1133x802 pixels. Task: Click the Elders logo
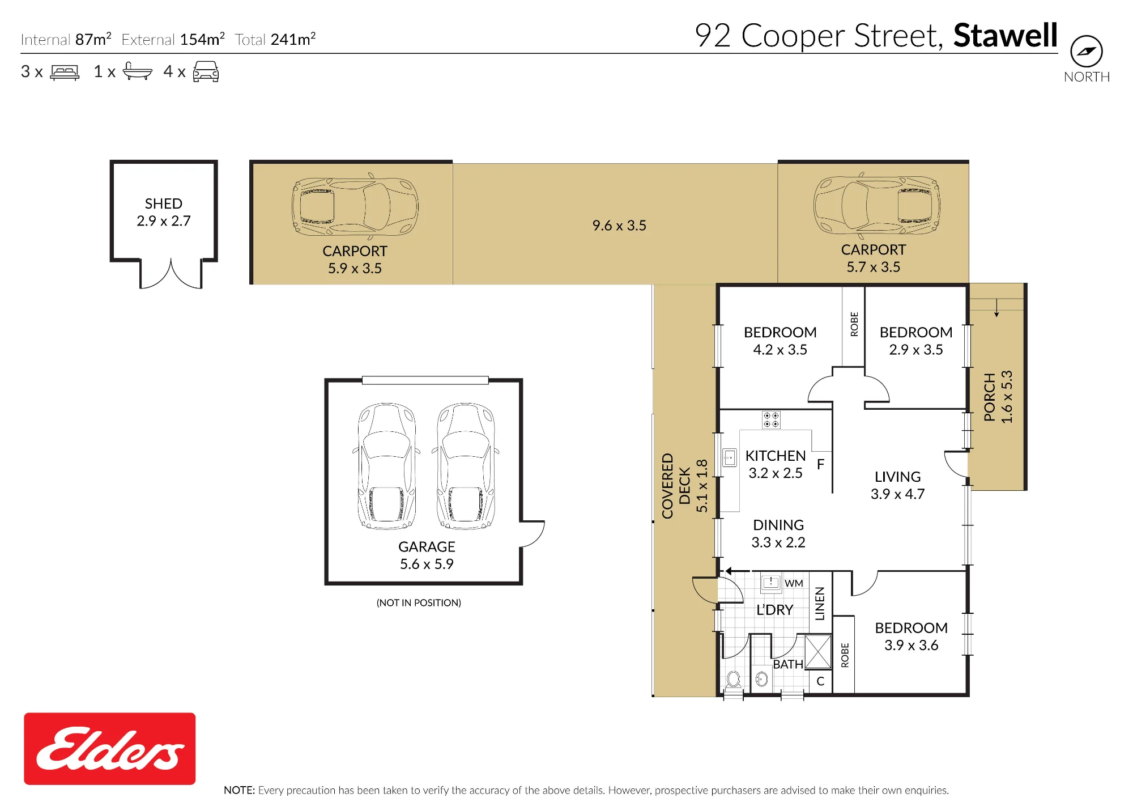click(x=109, y=749)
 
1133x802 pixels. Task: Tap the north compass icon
click(x=1086, y=52)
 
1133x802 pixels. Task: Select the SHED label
click(x=164, y=203)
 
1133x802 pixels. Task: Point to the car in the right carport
click(x=876, y=205)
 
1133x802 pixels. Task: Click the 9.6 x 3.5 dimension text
click(x=619, y=226)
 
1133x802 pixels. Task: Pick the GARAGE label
click(x=427, y=547)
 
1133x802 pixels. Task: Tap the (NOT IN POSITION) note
click(x=419, y=602)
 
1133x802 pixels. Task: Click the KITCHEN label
click(x=775, y=456)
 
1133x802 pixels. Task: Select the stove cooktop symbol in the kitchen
click(x=771, y=419)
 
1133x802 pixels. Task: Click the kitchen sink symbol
click(x=730, y=457)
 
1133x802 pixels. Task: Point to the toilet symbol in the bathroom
click(x=734, y=679)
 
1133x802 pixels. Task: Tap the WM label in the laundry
click(x=794, y=583)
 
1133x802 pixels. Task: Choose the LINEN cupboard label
click(x=820, y=603)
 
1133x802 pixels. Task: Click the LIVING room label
click(x=897, y=477)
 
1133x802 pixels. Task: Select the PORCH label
click(x=989, y=397)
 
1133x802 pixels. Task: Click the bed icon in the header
click(x=65, y=73)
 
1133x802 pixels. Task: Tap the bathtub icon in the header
click(x=137, y=71)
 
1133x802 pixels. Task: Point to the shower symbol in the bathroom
click(x=818, y=652)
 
